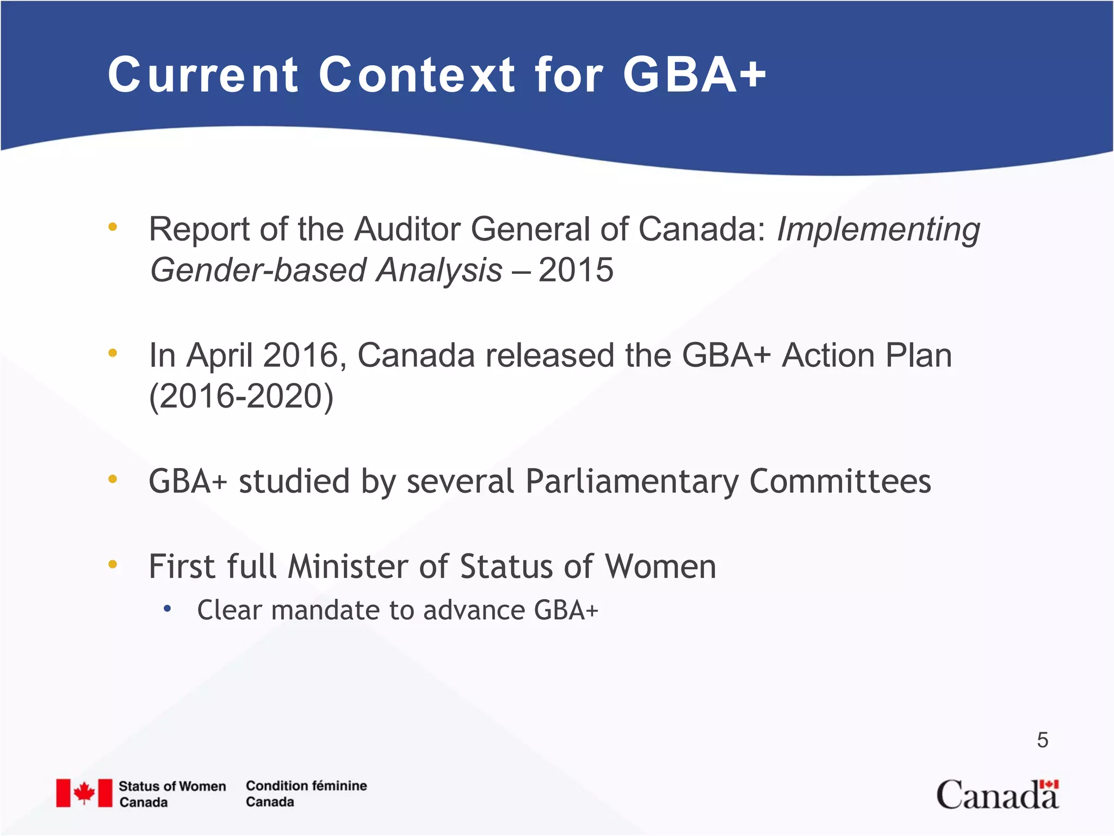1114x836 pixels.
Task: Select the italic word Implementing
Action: (878, 230)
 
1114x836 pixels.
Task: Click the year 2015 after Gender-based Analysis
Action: (575, 270)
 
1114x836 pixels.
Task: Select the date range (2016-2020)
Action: (241, 396)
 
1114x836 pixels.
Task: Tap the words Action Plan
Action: (867, 355)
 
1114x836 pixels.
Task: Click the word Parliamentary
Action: (632, 482)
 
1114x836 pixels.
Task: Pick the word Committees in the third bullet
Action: (840, 482)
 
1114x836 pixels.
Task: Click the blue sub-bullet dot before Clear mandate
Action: (168, 609)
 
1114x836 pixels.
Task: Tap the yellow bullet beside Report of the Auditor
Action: (113, 227)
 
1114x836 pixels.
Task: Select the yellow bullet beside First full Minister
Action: (113, 564)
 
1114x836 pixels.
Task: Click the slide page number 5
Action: (1042, 740)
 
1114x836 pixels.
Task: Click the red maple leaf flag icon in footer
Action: (84, 793)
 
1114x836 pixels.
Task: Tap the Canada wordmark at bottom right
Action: (997, 795)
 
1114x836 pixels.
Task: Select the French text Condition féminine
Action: (306, 786)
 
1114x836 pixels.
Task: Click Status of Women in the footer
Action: (172, 786)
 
